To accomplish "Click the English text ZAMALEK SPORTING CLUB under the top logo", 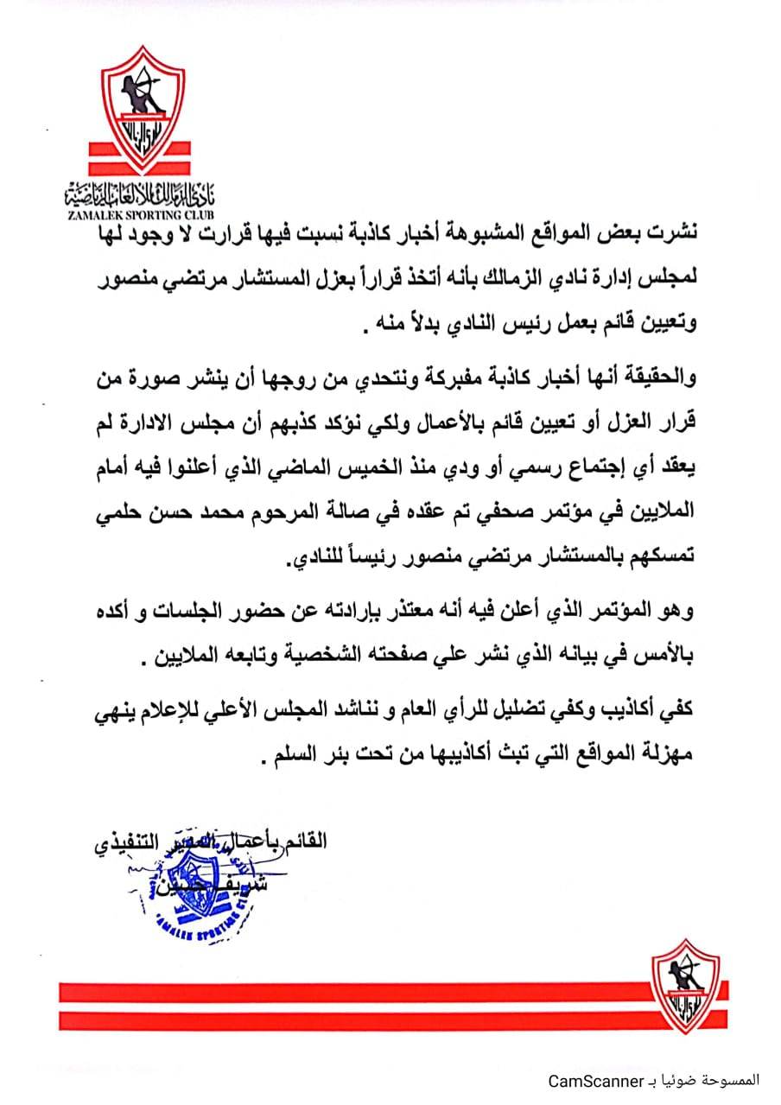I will point(140,212).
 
